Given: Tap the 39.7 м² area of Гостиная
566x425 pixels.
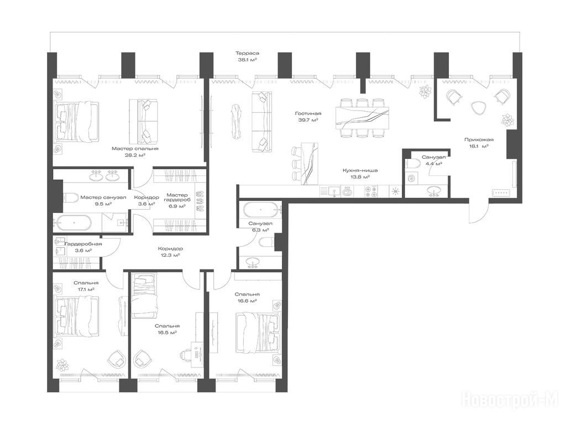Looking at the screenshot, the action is [x=308, y=120].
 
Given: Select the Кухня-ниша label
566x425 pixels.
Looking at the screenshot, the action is [x=360, y=170].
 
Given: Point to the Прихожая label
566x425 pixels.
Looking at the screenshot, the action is [x=479, y=139].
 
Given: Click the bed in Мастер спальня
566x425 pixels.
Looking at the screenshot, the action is [x=76, y=120].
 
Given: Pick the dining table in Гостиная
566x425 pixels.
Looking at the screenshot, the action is [x=362, y=118].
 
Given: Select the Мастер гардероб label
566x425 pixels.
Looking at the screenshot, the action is [x=177, y=198].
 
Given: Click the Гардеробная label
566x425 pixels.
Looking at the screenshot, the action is [x=83, y=244].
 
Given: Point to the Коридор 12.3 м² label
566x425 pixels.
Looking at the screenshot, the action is [x=170, y=252].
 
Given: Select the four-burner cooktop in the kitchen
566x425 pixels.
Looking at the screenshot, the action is [x=371, y=191].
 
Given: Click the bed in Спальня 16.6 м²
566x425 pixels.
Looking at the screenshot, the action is [x=258, y=332].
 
